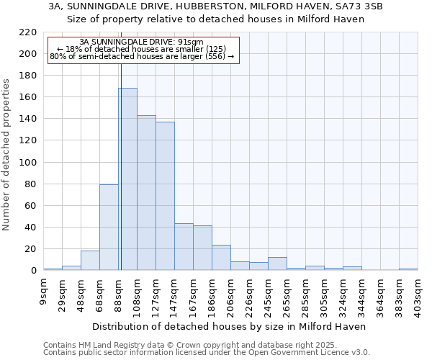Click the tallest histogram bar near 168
127,179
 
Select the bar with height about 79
109,228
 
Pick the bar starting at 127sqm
165,196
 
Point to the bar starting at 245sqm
277,264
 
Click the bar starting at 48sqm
90,261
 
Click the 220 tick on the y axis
28,32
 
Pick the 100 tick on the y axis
28,163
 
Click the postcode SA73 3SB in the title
358,6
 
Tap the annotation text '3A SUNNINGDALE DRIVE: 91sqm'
142,42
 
